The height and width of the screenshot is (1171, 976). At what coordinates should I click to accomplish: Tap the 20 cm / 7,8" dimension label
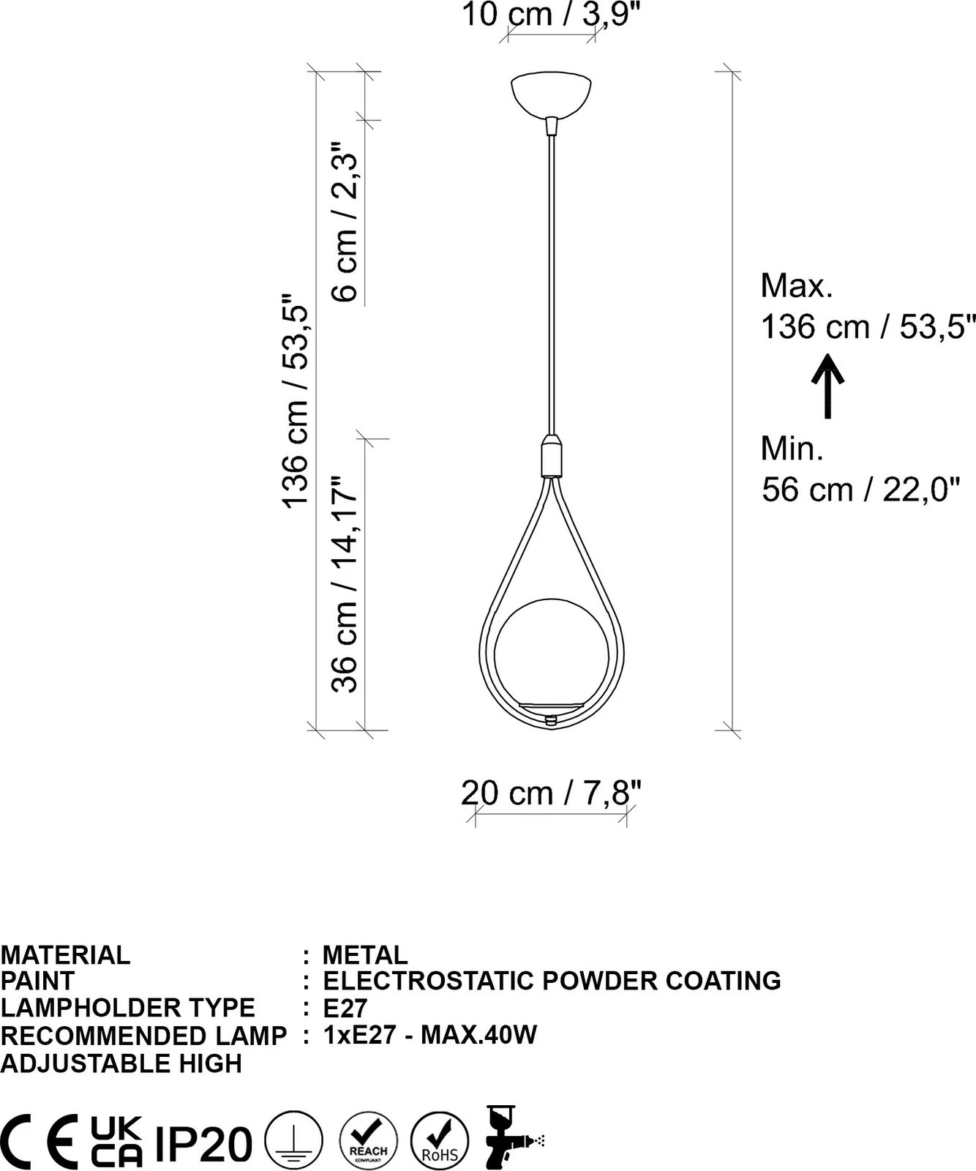(x=552, y=793)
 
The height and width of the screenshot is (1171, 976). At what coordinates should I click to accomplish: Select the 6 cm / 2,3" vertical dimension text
(x=345, y=222)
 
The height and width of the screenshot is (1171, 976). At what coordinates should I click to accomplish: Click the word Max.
(x=797, y=285)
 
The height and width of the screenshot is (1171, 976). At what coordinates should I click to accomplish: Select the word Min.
(x=792, y=448)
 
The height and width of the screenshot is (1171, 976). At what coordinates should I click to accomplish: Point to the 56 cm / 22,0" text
(x=860, y=489)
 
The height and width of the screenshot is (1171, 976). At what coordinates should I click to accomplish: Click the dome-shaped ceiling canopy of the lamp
(x=552, y=94)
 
